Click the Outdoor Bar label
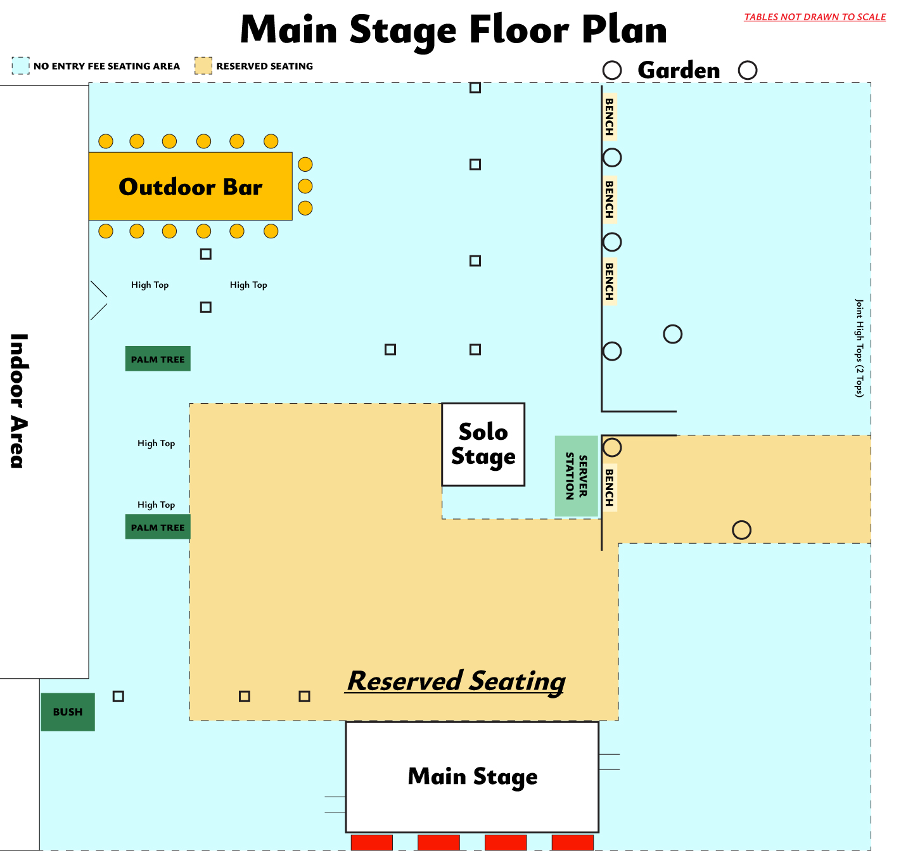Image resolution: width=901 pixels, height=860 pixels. click(x=190, y=187)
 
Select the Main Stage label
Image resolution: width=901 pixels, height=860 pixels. click(x=473, y=776)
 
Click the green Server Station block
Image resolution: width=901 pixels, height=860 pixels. click(x=576, y=476)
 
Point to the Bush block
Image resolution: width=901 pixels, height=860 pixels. click(x=68, y=712)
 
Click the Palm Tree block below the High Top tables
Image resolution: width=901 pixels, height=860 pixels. click(x=158, y=359)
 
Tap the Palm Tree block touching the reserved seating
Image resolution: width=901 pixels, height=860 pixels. click(x=158, y=527)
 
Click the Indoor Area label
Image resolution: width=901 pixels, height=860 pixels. click(x=18, y=401)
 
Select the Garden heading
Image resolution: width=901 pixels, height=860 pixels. click(x=679, y=70)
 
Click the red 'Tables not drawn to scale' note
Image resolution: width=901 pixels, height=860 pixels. click(x=814, y=17)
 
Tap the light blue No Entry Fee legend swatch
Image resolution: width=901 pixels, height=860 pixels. click(x=21, y=65)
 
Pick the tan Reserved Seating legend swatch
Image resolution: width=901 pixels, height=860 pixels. click(x=203, y=65)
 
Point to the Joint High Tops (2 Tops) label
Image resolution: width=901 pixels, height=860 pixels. click(x=859, y=348)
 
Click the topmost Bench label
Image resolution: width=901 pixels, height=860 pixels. click(x=609, y=117)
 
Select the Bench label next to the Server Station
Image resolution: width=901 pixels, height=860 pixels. click(x=609, y=487)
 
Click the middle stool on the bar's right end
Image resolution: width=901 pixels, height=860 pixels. click(x=305, y=186)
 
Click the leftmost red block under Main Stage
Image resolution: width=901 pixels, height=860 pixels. click(x=372, y=842)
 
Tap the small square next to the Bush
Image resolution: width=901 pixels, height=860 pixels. click(x=118, y=696)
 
